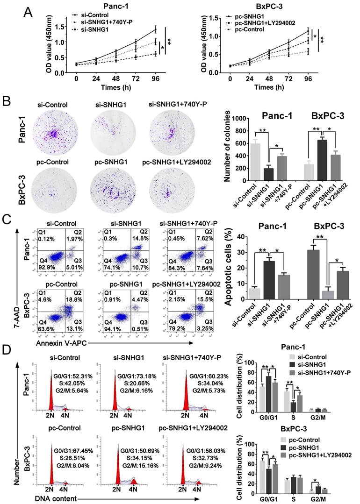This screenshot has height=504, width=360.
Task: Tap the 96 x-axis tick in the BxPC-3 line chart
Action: point(307,78)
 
